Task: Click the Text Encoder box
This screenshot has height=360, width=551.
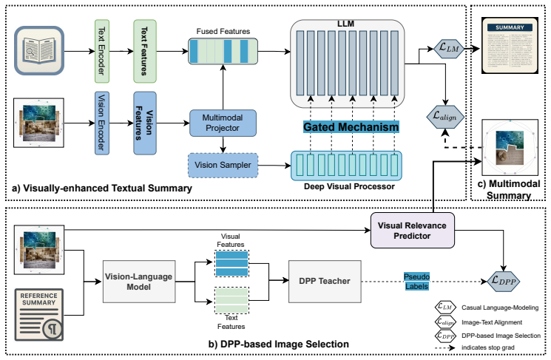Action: (x=102, y=51)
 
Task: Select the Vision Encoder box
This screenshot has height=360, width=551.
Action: (x=102, y=123)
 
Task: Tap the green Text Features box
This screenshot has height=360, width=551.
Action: (x=145, y=51)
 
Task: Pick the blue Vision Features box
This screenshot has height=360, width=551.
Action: (x=145, y=123)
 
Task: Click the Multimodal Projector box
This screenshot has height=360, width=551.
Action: (x=223, y=123)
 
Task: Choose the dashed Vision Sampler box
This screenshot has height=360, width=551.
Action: (x=223, y=165)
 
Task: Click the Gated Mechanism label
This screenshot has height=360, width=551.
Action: (x=351, y=127)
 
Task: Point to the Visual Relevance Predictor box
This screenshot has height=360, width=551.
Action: (x=412, y=231)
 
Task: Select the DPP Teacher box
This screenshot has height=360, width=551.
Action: (x=325, y=282)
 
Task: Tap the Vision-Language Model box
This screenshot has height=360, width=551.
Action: (x=139, y=282)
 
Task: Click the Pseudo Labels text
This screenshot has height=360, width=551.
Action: (x=417, y=282)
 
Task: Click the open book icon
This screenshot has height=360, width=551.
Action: (x=39, y=50)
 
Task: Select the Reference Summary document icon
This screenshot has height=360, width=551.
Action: (x=39, y=315)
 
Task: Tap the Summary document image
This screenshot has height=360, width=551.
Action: (x=510, y=45)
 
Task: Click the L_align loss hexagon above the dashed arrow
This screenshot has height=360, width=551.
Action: (x=445, y=117)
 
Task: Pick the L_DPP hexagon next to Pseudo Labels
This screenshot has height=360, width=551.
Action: (x=504, y=282)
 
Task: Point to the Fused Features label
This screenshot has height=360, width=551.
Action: (x=223, y=31)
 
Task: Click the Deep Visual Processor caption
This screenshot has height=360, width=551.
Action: (x=349, y=186)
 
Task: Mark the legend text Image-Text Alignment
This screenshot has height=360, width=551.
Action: (x=492, y=322)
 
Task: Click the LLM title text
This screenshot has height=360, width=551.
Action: (x=346, y=24)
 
